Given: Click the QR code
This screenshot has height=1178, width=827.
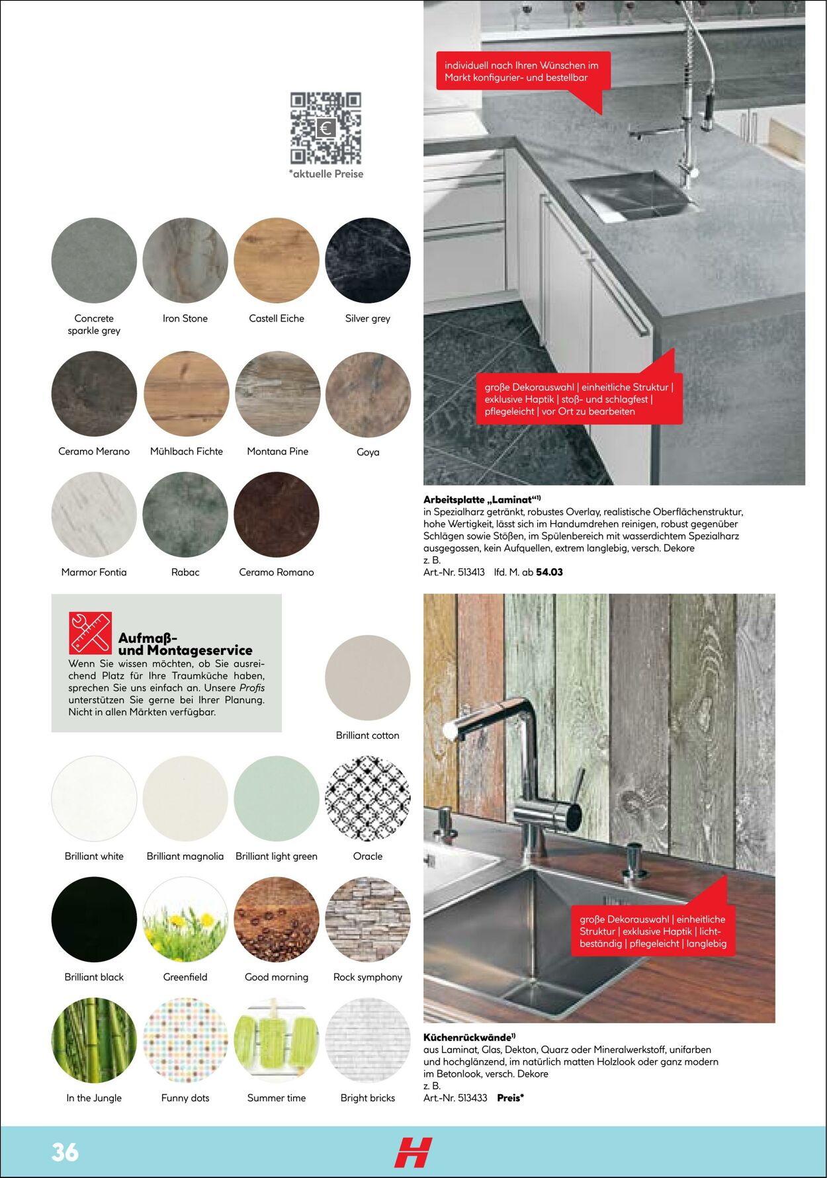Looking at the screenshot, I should pos(326,128).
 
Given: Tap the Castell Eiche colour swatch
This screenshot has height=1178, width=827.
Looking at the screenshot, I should pos(277,261).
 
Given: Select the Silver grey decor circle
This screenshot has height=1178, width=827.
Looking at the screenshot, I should pos(368,261).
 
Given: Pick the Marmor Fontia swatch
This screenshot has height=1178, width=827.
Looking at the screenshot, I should pos(94,515).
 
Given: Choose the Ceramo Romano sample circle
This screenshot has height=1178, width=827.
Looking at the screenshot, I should pos(277,515).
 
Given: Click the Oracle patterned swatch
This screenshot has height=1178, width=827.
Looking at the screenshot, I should pos(368,799).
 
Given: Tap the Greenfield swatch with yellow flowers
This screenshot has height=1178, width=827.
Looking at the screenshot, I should pos(185,919).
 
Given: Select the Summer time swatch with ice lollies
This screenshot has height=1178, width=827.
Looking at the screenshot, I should pos(277,1040).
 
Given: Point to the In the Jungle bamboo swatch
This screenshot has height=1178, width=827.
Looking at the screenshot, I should pos(94,1040).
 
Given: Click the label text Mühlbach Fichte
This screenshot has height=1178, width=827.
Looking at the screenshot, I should pos(187,452).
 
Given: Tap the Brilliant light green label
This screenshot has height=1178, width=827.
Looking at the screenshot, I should pos(277,857).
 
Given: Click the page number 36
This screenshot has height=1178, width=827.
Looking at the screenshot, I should pos(65,1152).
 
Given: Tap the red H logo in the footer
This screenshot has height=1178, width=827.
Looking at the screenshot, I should pos(413,1152).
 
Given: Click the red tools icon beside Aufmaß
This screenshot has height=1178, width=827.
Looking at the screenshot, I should pos(90,633).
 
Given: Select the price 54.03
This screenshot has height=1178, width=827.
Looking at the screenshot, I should pos(549,572).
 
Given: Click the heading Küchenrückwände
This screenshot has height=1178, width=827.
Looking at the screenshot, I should pos(467,1038).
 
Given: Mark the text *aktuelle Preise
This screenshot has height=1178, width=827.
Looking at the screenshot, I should pos(326,174).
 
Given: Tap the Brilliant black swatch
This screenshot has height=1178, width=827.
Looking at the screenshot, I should pos(94,919).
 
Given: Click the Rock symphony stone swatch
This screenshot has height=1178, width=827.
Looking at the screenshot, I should pos(368,919).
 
